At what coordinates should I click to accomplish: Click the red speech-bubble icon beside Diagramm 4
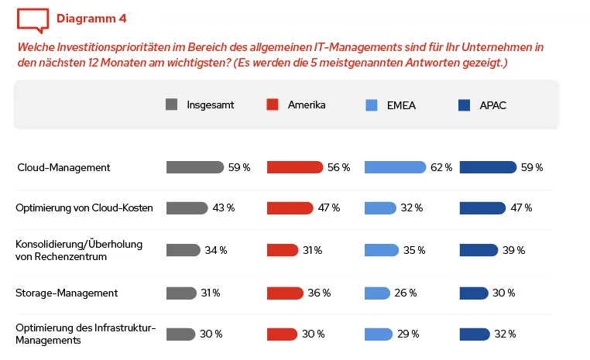coord(31,18)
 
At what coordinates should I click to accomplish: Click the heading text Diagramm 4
coord(91,18)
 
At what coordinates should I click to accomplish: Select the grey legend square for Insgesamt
coord(172,105)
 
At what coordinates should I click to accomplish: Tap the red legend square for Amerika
coord(272,105)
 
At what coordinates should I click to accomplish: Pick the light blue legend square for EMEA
coord(371,105)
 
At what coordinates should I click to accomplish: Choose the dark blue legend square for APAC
coord(465,105)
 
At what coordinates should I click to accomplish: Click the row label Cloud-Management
coord(64,167)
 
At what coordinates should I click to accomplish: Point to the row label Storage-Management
coord(67,293)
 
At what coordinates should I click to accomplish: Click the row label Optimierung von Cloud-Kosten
coord(84,207)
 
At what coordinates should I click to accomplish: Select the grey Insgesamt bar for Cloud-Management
coord(194,167)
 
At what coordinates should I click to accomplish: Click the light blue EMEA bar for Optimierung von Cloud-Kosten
coord(380,207)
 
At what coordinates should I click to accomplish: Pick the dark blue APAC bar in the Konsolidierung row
coord(479,250)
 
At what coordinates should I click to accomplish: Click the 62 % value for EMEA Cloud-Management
coord(441,167)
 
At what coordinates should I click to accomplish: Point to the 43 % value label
coord(224,207)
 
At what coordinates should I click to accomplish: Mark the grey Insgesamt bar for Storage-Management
coord(181,293)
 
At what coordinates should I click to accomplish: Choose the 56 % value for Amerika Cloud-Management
coord(339,167)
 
